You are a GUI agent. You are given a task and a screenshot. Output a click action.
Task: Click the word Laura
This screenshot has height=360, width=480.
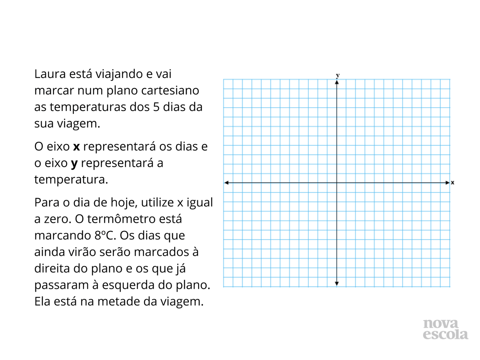[50, 74]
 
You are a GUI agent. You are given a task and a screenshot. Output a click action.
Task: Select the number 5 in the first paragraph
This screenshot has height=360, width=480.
[156, 107]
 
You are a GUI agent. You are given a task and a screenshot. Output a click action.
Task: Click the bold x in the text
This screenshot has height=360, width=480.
[76, 147]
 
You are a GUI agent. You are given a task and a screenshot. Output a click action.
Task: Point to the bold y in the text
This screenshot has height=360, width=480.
[74, 163]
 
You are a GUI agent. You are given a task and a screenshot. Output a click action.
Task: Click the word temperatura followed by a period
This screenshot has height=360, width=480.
[71, 180]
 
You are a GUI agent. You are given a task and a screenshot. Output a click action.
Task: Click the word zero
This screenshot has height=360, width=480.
[55, 219]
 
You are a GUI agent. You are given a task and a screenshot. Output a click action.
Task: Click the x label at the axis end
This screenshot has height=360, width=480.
[453, 183]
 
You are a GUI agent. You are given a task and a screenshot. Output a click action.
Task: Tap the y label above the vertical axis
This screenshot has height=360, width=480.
[337, 75]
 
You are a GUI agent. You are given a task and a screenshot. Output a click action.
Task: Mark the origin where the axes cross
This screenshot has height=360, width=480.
[337, 183]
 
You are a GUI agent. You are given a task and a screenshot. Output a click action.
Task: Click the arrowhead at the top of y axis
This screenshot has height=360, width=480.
[337, 82]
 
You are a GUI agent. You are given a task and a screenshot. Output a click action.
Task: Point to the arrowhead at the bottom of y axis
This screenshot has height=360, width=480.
[337, 283]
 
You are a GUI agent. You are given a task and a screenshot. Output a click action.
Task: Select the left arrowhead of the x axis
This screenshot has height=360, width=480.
[226, 183]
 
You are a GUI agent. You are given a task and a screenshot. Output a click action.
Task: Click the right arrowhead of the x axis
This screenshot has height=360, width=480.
[447, 183]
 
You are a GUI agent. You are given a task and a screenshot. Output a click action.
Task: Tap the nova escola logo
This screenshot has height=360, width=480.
[445, 329]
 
